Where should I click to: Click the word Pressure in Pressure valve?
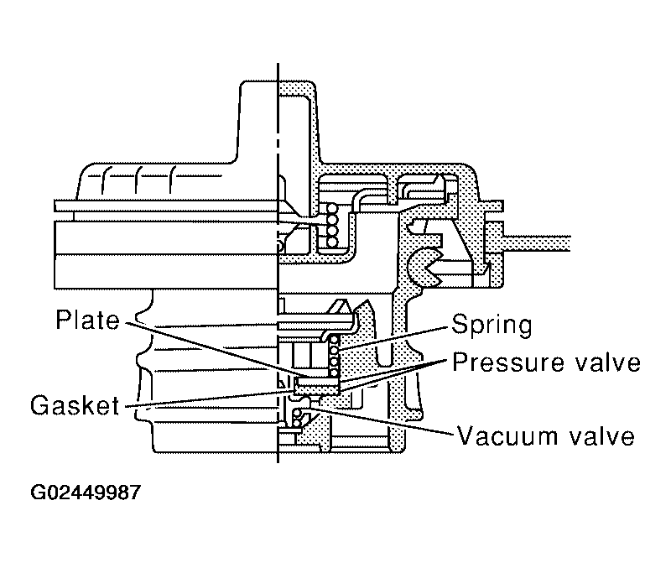[506, 363]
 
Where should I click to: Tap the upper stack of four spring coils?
[331, 226]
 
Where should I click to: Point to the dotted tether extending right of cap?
[537, 242]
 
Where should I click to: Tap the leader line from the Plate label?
[210, 348]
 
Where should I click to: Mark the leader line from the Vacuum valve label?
[386, 422]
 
